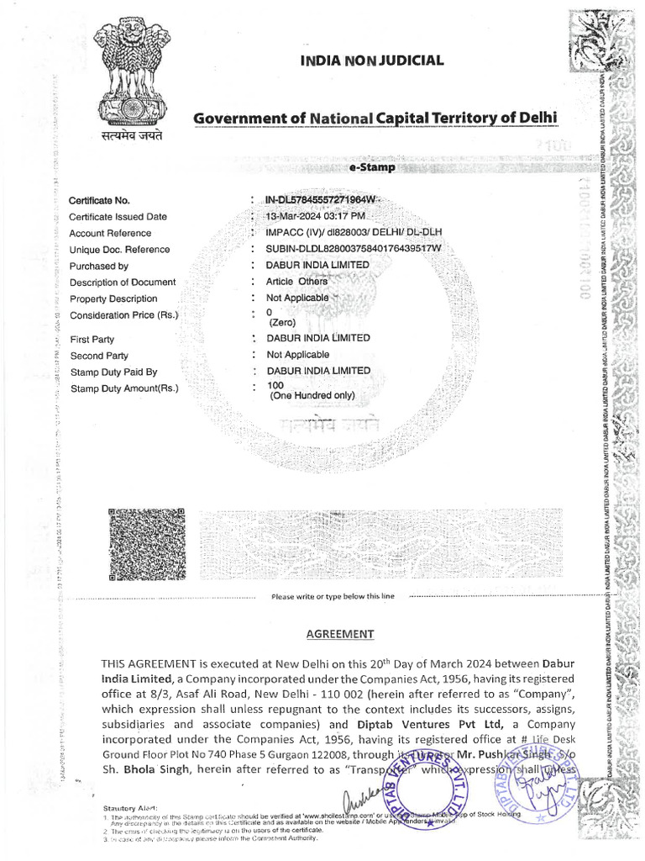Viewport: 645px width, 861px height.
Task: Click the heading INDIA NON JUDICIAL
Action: coord(372,60)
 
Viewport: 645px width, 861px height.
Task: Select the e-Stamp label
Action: coord(371,168)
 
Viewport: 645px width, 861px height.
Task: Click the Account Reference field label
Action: coord(110,233)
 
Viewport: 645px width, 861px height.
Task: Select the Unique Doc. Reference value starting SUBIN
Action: coord(353,249)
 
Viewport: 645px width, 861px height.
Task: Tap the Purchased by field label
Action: coord(98,266)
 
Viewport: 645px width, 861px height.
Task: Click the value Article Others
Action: coord(296,282)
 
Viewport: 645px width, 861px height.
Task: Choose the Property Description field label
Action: coord(113,298)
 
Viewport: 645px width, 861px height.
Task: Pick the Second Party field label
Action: coord(98,356)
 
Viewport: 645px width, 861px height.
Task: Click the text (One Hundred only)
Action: coord(312,395)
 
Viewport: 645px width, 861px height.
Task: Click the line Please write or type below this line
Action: coord(332,596)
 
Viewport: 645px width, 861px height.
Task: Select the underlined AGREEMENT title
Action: coord(339,634)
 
